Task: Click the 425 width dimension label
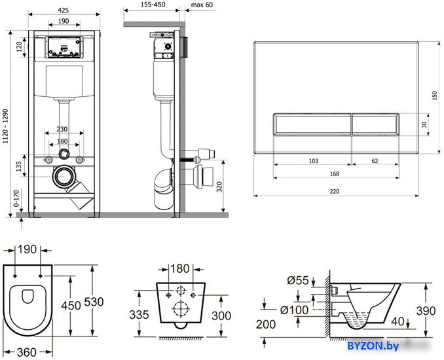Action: [x=63, y=10]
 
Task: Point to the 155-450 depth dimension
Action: [x=153, y=5]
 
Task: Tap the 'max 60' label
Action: [x=202, y=5]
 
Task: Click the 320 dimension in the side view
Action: [x=219, y=187]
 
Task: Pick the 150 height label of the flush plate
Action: [x=435, y=96]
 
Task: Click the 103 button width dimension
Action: [x=314, y=161]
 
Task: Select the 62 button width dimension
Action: [x=375, y=161]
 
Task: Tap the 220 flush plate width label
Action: [x=335, y=191]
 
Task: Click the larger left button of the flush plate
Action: [x=312, y=124]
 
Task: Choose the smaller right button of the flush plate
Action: [x=375, y=124]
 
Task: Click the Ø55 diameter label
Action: [x=297, y=280]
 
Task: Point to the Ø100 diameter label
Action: [x=294, y=310]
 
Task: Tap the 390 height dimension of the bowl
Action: [x=426, y=311]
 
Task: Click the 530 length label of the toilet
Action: [x=94, y=302]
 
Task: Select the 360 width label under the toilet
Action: [x=27, y=352]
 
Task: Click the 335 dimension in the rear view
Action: [x=139, y=314]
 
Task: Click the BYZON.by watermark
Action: [x=373, y=346]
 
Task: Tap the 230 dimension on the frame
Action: [x=62, y=129]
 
